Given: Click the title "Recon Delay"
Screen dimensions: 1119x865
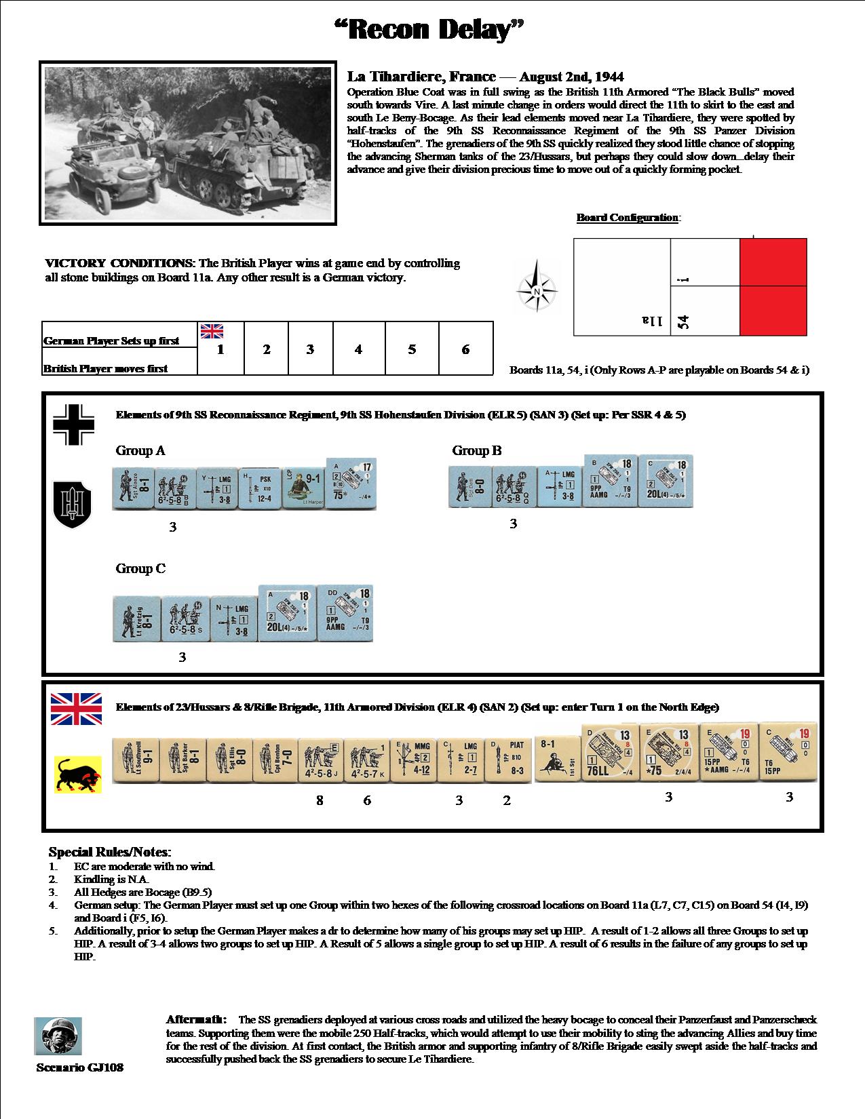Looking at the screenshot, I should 431,31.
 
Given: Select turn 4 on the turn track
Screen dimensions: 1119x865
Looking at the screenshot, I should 358,349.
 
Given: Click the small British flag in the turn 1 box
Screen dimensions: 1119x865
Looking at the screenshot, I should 212,331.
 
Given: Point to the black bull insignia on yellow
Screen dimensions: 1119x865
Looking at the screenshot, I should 77,774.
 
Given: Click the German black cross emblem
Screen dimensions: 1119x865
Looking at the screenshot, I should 74,425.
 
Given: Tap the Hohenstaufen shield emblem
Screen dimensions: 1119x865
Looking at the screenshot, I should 73,503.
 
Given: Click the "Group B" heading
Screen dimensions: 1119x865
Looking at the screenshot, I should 477,451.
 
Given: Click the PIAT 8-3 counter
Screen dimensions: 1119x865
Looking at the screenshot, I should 507,760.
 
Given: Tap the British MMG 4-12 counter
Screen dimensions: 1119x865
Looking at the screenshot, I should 413,760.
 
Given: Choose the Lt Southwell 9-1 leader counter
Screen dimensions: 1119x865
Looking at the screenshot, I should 134,760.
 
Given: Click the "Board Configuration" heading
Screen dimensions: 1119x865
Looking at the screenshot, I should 628,218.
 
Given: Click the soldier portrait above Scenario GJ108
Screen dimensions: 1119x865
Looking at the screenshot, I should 58,1036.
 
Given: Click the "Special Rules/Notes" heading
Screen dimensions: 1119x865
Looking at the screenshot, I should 110,852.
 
